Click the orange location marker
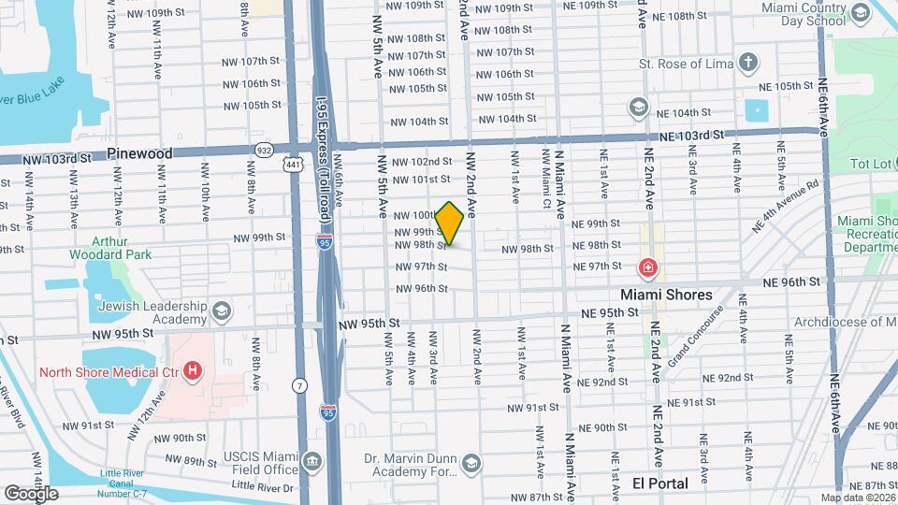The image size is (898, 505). pyautogui.click(x=450, y=223)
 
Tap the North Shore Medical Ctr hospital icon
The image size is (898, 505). pyautogui.click(x=193, y=372)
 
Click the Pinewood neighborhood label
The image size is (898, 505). pyautogui.click(x=139, y=152)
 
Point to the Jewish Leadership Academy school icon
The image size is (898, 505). pyautogui.click(x=222, y=310)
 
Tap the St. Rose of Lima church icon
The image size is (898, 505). pyautogui.click(x=747, y=64)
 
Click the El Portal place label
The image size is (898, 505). pyautogui.click(x=660, y=483)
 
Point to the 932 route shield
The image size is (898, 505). pyautogui.click(x=264, y=150)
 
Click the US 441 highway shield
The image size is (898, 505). pyautogui.click(x=294, y=165)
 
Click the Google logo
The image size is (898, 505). pyautogui.click(x=30, y=493)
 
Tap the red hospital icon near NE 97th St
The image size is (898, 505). pyautogui.click(x=646, y=269)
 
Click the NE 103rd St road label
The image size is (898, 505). pyautogui.click(x=692, y=136)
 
